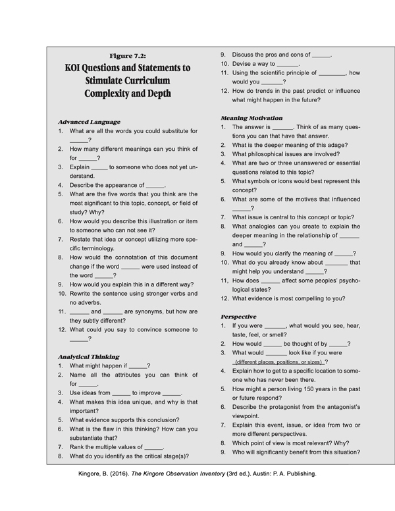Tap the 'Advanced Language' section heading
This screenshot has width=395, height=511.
[88, 122]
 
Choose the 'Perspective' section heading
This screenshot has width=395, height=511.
[238, 316]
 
